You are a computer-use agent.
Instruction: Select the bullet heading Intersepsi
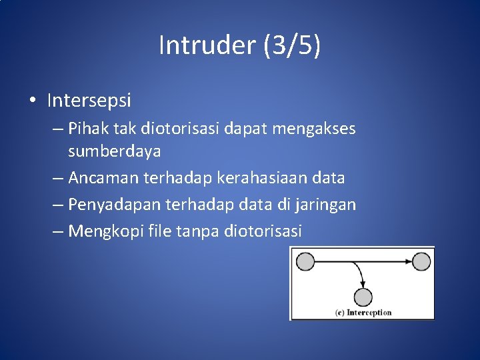(89, 101)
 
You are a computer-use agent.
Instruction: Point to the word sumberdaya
(114, 151)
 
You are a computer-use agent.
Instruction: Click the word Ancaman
(101, 178)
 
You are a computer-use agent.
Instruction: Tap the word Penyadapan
(113, 205)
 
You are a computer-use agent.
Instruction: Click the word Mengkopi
(105, 231)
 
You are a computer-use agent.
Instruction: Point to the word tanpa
(198, 231)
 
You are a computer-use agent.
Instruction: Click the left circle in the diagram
(305, 261)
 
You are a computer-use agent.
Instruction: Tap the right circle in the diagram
(421, 261)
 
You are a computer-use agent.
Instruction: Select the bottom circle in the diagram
(363, 297)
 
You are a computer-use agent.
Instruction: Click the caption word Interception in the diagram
(369, 312)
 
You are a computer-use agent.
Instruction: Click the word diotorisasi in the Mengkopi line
(263, 231)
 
